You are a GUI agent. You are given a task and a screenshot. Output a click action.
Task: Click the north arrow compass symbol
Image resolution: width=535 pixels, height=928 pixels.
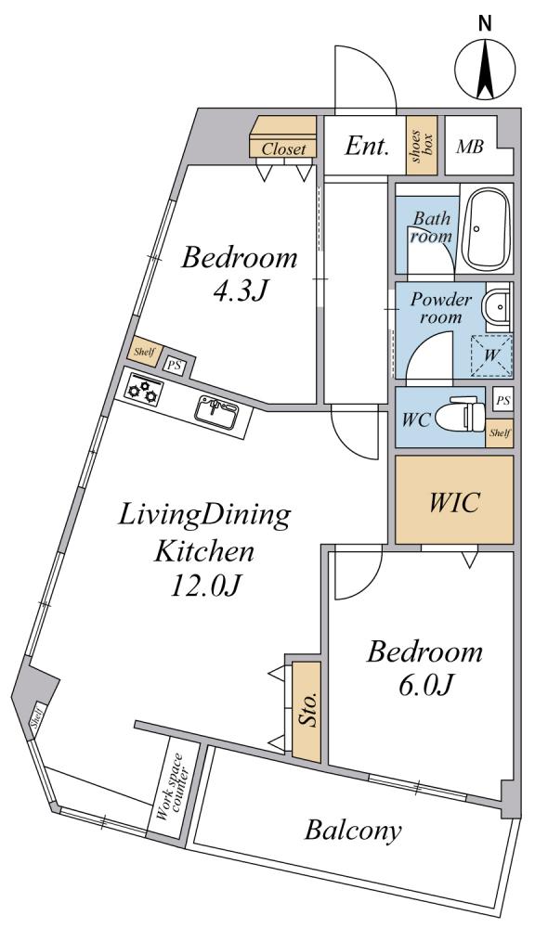point(485,68)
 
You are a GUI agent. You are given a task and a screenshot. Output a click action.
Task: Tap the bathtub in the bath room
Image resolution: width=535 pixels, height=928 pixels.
point(487,229)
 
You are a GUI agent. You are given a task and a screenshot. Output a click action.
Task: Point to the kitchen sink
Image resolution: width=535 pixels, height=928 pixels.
point(217,412)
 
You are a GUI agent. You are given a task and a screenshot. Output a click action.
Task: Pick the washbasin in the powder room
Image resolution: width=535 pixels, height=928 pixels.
point(498,307)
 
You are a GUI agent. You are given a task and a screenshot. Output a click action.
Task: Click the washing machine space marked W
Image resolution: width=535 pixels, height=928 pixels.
point(491,355)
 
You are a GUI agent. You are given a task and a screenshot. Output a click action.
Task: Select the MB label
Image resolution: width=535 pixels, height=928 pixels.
point(469,147)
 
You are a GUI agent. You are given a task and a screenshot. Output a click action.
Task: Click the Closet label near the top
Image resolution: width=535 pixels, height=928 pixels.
point(284,149)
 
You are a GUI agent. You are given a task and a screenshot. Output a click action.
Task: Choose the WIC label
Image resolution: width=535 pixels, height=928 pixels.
point(454,502)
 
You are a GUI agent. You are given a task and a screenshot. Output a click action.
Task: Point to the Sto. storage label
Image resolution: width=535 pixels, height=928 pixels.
point(307,709)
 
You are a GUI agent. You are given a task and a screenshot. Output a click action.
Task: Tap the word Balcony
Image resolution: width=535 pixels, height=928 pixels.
point(352,831)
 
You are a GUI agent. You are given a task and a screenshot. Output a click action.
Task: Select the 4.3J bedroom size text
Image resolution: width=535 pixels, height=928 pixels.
point(240,291)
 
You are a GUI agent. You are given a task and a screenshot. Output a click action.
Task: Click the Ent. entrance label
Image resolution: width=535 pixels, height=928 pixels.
point(367,147)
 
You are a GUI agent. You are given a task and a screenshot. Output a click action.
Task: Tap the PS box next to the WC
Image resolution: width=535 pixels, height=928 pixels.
point(502,401)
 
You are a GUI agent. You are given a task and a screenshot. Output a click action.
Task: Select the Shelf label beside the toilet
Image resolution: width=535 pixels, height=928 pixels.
point(500,432)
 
